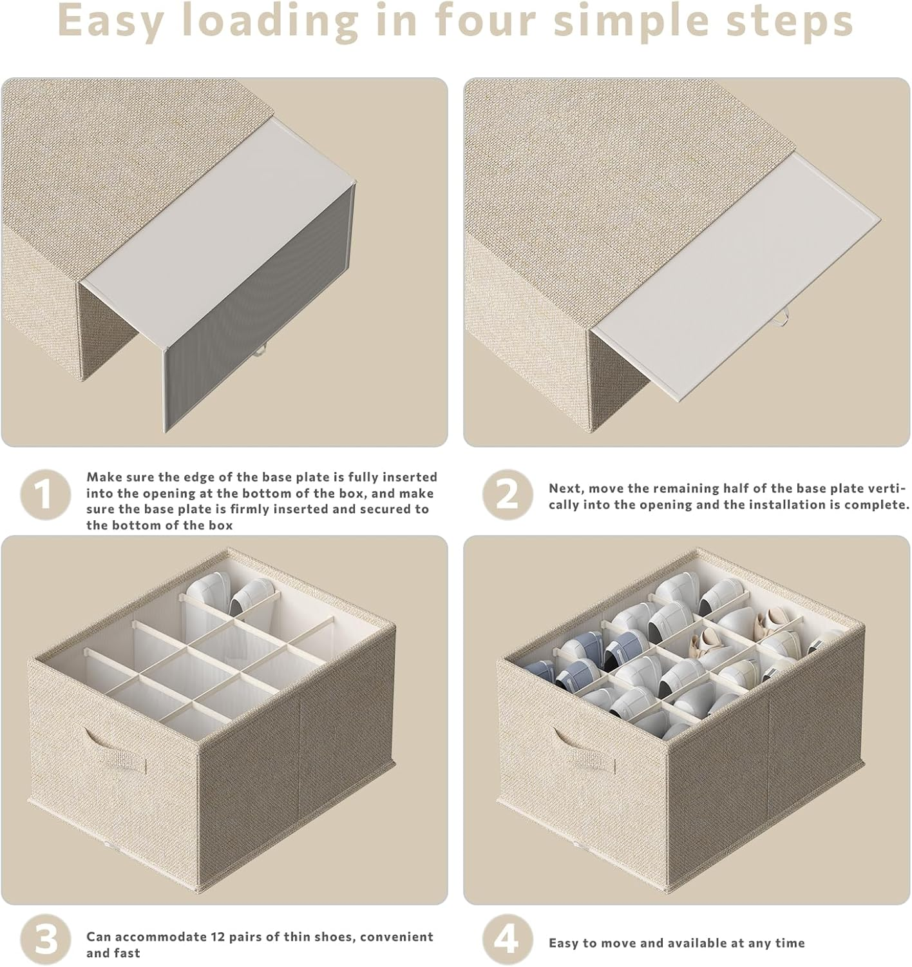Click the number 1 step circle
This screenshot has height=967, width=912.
click(x=45, y=494)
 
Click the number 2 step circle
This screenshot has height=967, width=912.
click(x=508, y=494)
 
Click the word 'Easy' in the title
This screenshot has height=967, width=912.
click(x=110, y=22)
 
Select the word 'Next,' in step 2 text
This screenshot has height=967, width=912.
click(x=567, y=489)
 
